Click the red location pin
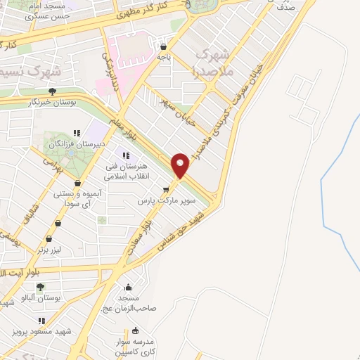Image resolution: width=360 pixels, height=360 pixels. [181, 165]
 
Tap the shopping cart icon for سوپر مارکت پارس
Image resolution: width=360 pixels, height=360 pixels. [166, 189]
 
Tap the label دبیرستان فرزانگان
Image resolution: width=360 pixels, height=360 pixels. [77, 144]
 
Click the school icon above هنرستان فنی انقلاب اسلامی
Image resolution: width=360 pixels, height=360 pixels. [127, 155]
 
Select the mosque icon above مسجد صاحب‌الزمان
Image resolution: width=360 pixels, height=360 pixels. [127, 288]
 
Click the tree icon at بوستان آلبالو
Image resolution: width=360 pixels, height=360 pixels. [40, 287]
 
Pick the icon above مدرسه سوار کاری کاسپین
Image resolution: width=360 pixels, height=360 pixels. [136, 331]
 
